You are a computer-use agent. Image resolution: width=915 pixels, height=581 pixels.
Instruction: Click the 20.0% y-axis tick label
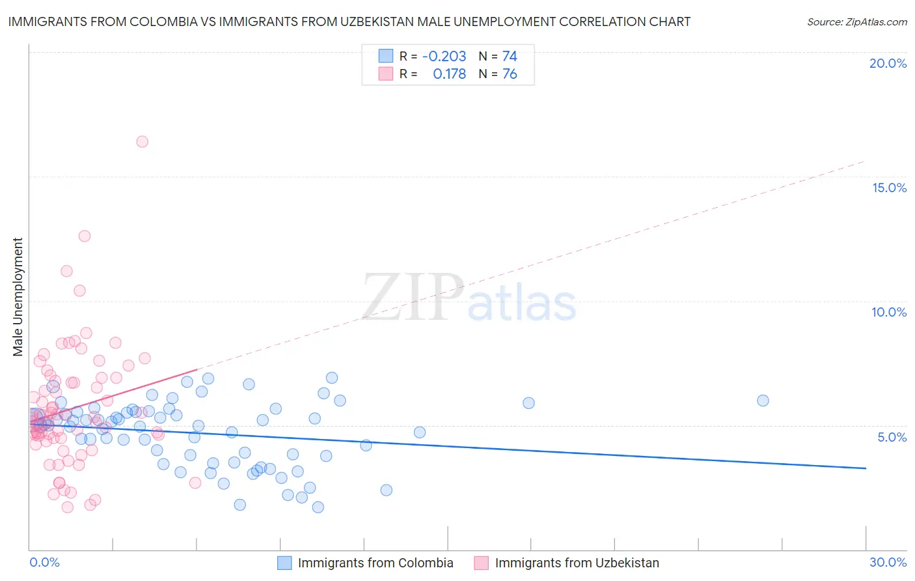888,63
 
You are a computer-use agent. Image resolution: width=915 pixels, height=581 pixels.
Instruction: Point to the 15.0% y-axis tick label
889,188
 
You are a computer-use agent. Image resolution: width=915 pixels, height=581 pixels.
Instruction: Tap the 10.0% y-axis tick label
889,312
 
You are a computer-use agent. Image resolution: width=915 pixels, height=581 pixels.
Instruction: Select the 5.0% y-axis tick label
892,437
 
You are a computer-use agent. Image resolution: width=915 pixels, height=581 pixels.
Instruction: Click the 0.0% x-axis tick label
44,562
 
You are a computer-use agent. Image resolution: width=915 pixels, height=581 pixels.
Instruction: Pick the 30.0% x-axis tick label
888,562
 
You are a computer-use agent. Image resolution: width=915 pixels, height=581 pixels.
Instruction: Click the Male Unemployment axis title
18,297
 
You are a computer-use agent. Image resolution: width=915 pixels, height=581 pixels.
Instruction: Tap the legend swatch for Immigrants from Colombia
284,563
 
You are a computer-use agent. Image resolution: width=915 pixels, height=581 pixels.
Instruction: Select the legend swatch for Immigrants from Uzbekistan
481,563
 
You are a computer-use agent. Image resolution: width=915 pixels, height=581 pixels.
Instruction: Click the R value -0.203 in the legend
444,57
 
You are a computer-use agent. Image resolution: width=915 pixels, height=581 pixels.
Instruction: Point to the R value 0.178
449,74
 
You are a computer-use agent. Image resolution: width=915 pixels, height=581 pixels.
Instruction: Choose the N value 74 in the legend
510,57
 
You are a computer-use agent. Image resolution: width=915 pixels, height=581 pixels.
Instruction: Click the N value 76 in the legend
510,74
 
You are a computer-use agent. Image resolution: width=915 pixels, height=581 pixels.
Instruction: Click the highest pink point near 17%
142,141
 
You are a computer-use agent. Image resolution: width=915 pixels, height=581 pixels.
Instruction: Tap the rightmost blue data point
763,401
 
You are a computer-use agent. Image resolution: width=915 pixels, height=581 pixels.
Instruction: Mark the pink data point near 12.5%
85,236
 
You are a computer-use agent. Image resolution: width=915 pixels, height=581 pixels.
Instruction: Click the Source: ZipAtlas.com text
856,21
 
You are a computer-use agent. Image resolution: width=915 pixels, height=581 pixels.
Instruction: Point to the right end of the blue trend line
866,468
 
